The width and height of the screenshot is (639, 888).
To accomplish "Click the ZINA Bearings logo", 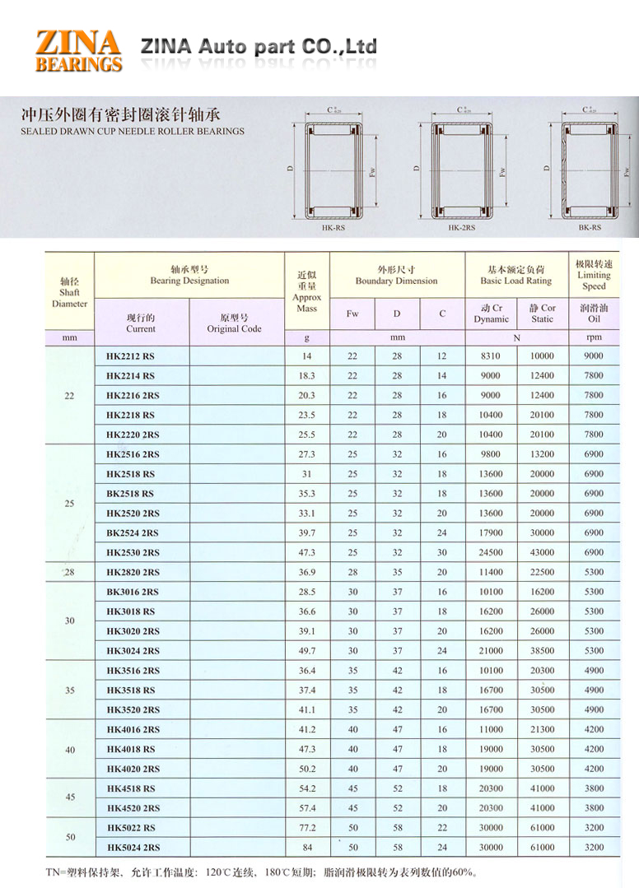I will [78, 49].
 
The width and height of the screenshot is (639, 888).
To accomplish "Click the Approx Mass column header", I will [306, 291].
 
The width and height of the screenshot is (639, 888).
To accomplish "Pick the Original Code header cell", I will [235, 323].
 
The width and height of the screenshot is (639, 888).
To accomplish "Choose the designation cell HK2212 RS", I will [130, 356].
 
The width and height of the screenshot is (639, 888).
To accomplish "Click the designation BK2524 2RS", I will [133, 533].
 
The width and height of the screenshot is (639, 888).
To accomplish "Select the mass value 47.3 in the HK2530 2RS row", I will [306, 553].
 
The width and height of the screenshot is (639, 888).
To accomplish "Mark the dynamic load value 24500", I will [491, 553].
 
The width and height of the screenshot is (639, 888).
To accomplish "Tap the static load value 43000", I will [542, 553].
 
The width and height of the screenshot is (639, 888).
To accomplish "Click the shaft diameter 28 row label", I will [69, 572].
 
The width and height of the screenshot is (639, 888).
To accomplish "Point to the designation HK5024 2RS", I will [133, 848].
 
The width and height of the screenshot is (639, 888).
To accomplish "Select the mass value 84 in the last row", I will [306, 848].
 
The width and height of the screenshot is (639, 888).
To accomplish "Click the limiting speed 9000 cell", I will [593, 356].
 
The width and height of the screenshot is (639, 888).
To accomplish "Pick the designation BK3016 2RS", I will [133, 592].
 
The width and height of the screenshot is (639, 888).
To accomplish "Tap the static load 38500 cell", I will [542, 651].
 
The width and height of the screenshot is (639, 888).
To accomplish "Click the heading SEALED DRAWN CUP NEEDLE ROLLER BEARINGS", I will [133, 131].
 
